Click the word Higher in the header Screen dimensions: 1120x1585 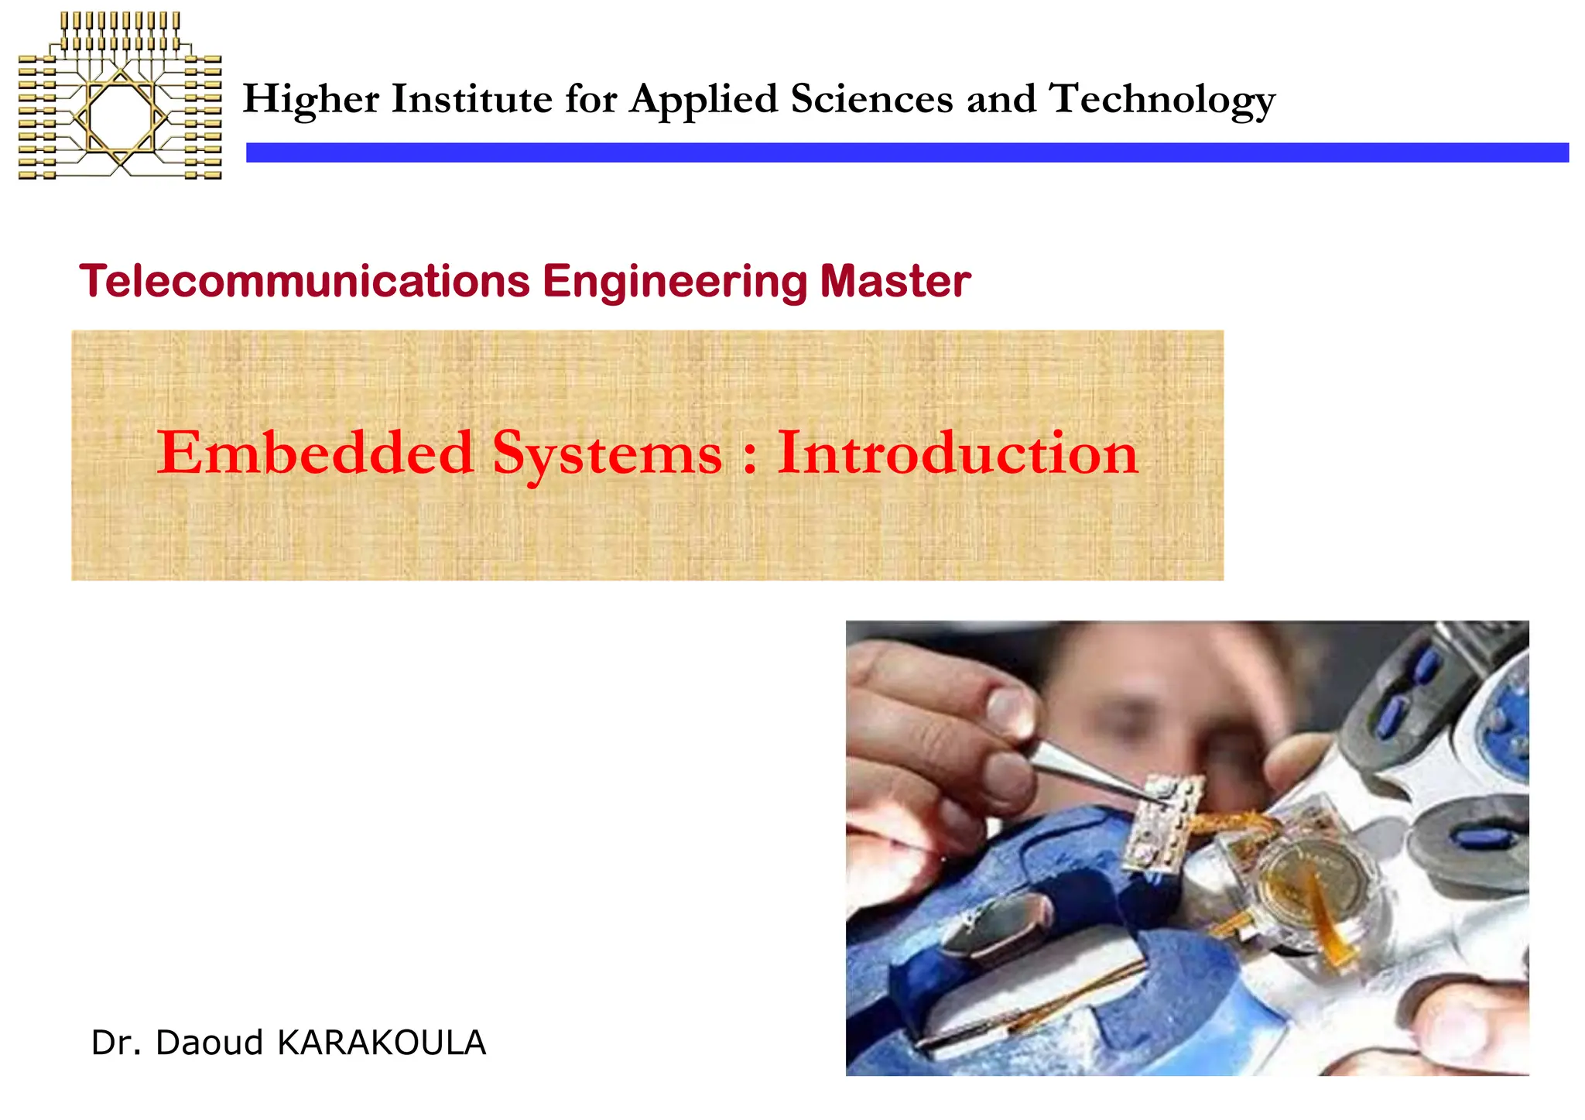point(311,101)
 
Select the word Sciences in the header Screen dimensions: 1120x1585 point(871,99)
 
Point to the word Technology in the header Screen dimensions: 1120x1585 point(1162,101)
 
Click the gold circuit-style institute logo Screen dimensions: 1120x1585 point(120,96)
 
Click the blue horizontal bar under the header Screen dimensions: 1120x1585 point(906,152)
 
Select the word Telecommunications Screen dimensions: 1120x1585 point(304,280)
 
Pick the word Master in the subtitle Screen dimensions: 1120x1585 point(895,280)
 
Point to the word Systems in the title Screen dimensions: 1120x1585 point(608,454)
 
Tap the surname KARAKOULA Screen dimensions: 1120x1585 point(382,1043)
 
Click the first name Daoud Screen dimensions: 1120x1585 point(210,1043)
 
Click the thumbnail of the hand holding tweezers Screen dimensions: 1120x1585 point(1186,848)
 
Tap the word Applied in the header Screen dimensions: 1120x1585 point(703,101)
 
